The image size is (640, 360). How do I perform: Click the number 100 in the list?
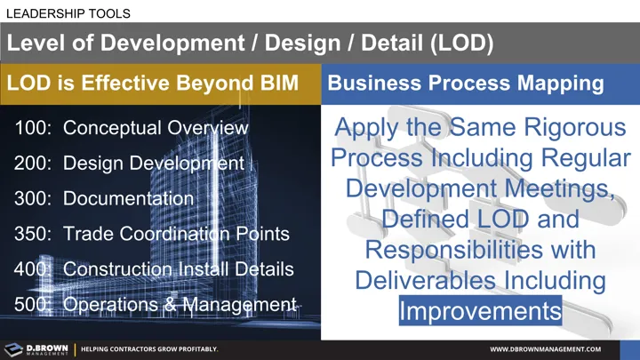pyautogui.click(x=32, y=128)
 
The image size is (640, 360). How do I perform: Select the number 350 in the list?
pyautogui.click(x=32, y=234)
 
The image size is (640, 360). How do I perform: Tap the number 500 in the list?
pyautogui.click(x=32, y=304)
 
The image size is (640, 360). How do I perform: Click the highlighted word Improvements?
pyautogui.click(x=480, y=311)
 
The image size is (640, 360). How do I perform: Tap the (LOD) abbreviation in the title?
pyautogui.click(x=458, y=42)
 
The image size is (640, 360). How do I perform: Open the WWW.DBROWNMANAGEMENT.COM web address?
pyautogui.click(x=546, y=349)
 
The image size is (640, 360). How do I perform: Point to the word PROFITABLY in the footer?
pyautogui.click(x=193, y=349)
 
